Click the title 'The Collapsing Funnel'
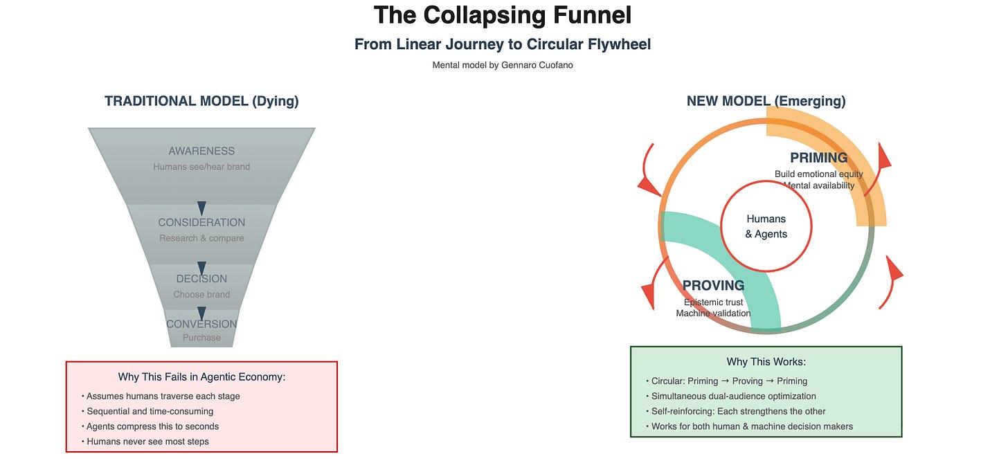(x=503, y=15)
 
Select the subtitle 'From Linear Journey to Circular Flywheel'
(x=503, y=44)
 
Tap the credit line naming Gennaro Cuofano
(x=503, y=65)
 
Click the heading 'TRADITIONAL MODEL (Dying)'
(x=201, y=101)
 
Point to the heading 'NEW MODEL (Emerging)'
(x=766, y=101)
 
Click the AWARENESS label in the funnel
(x=201, y=151)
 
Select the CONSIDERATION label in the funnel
(x=201, y=222)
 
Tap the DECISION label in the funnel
(x=201, y=279)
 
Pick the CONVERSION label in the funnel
(x=201, y=324)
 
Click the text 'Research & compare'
(x=201, y=238)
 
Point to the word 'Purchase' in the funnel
(x=201, y=338)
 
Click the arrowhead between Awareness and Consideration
(x=201, y=208)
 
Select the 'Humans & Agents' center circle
(x=766, y=226)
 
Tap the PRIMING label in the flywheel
(x=818, y=158)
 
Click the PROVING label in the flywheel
(x=713, y=285)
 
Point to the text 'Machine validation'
(x=713, y=313)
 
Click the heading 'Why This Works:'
(x=766, y=362)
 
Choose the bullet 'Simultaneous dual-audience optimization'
(x=733, y=396)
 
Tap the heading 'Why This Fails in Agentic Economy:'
(x=201, y=377)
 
